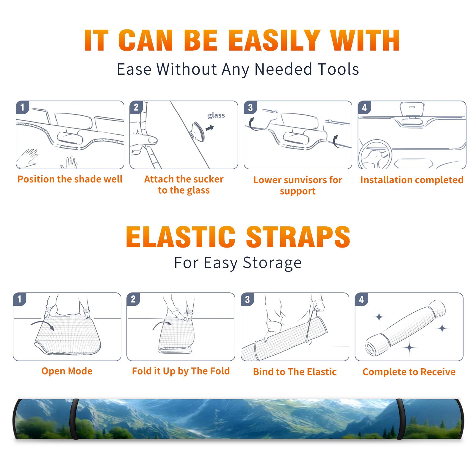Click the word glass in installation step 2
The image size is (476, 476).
click(216, 115)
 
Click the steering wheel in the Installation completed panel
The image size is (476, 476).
click(375, 154)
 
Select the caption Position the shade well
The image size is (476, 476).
click(70, 179)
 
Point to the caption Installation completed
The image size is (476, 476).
click(412, 180)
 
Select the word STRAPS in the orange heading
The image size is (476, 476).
click(298, 237)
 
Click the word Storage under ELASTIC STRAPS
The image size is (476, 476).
click(272, 263)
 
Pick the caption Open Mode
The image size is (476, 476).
click(67, 371)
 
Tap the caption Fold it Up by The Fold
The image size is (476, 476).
click(181, 371)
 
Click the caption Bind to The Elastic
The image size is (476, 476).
click(295, 372)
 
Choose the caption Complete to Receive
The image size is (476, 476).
click(409, 372)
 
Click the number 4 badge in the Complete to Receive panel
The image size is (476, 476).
click(361, 299)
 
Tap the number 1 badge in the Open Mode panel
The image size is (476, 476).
click(20, 299)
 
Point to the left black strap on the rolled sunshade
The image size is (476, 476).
click(74, 419)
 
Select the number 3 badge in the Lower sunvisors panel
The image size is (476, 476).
click(250, 107)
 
